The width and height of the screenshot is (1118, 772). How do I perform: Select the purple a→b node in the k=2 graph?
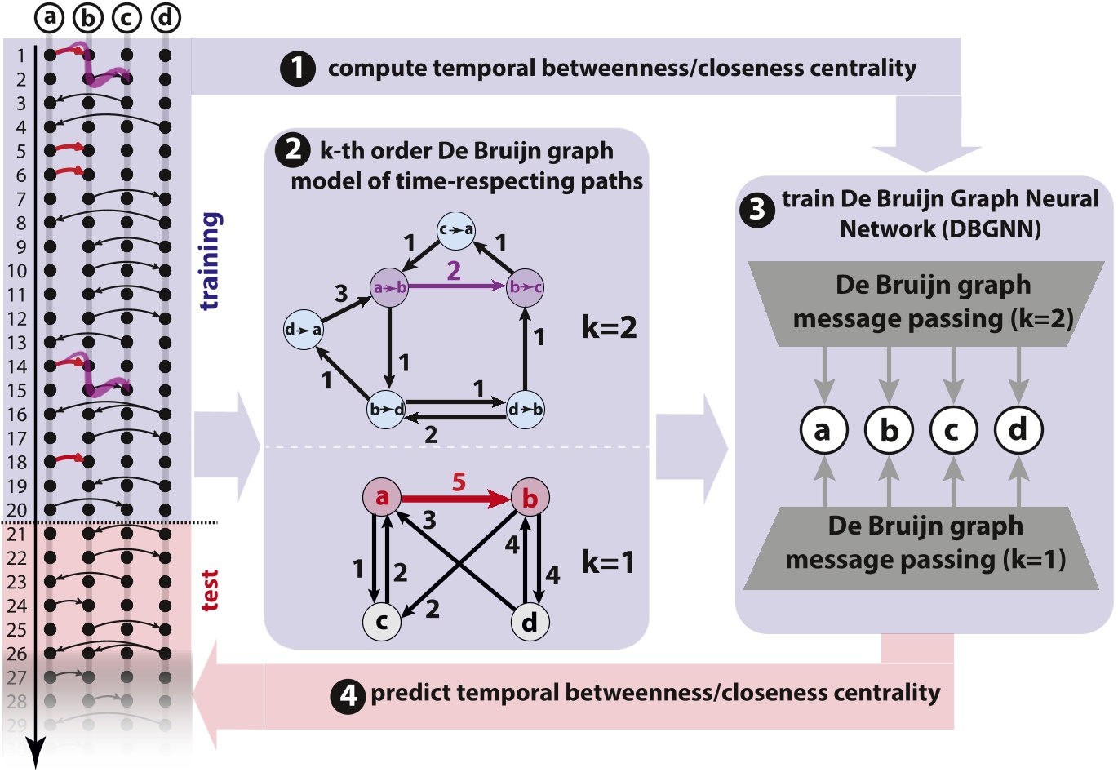click(390, 287)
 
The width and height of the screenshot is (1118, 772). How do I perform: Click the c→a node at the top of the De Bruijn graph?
click(455, 230)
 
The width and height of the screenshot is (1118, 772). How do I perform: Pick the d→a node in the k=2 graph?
click(303, 330)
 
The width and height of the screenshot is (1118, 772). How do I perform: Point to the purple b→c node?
click(525, 287)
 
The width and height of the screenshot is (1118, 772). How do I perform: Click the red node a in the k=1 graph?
click(382, 497)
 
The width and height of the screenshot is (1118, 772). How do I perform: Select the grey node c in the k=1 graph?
click(381, 622)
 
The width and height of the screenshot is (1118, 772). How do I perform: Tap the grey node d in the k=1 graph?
click(530, 622)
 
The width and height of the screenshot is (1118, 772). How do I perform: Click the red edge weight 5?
click(459, 482)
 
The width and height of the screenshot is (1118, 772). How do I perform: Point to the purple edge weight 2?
click(454, 270)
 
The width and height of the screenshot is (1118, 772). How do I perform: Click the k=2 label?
click(609, 328)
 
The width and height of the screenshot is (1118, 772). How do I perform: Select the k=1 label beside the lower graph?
click(607, 562)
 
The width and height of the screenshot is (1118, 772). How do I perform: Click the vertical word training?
click(210, 261)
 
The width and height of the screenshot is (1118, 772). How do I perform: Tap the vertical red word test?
click(210, 590)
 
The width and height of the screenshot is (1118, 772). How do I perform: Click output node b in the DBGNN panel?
click(890, 429)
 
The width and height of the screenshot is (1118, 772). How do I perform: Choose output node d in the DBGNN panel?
click(1018, 429)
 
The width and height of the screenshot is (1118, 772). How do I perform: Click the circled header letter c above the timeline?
click(126, 17)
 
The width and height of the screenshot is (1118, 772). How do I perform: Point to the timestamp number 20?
click(16, 511)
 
